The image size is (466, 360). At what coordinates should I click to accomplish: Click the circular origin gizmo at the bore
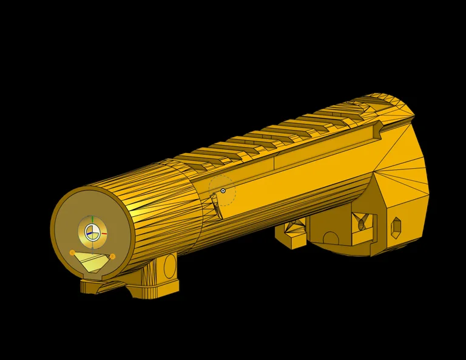click(x=92, y=232)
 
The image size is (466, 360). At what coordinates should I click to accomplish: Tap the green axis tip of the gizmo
click(x=92, y=219)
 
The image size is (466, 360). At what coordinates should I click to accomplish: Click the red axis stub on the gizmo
click(x=104, y=233)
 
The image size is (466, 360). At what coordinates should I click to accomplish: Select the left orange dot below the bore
click(x=72, y=252)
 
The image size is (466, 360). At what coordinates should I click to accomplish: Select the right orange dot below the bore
click(x=113, y=256)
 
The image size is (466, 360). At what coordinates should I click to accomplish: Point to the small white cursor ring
click(x=223, y=191)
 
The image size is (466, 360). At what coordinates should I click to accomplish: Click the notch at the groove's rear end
click(x=378, y=128)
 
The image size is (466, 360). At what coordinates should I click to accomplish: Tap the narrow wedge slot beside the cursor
click(x=216, y=206)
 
